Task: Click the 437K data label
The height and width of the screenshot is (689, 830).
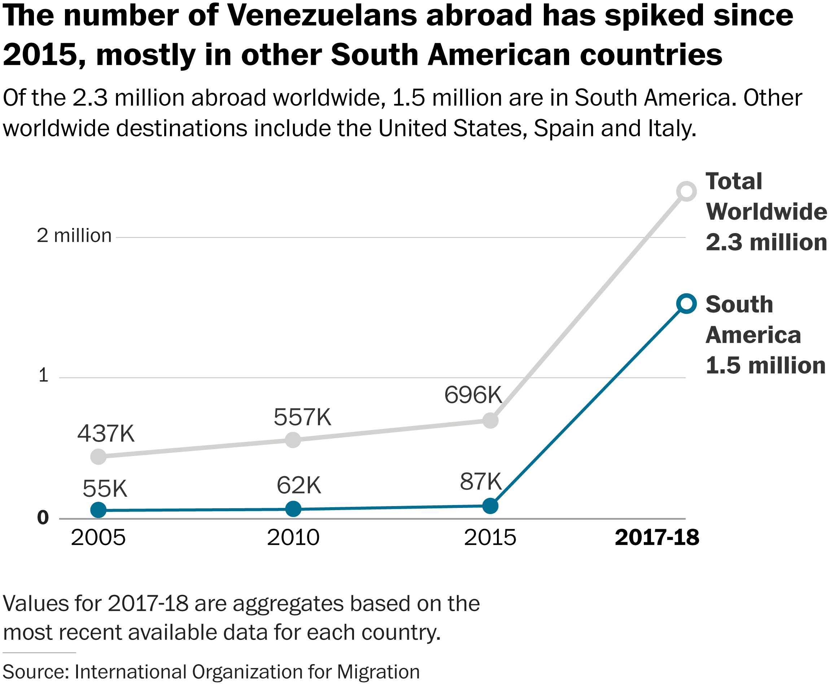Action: (x=106, y=434)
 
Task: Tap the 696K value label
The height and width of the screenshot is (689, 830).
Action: (x=473, y=395)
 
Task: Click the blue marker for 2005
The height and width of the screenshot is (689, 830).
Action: (x=99, y=510)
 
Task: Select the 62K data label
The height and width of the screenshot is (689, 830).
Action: (x=299, y=485)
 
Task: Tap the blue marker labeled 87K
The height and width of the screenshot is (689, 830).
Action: (x=490, y=506)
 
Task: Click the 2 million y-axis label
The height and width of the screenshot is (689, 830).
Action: (x=74, y=236)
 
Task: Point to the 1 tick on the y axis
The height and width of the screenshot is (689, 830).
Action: (x=43, y=375)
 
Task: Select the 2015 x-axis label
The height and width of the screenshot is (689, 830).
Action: (x=490, y=538)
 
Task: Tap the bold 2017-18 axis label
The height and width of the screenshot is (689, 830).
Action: (x=657, y=538)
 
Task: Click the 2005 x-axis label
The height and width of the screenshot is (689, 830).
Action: (x=99, y=538)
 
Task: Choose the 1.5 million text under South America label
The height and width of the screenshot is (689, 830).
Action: (x=765, y=365)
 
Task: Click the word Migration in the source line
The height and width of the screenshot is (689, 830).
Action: (x=378, y=672)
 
